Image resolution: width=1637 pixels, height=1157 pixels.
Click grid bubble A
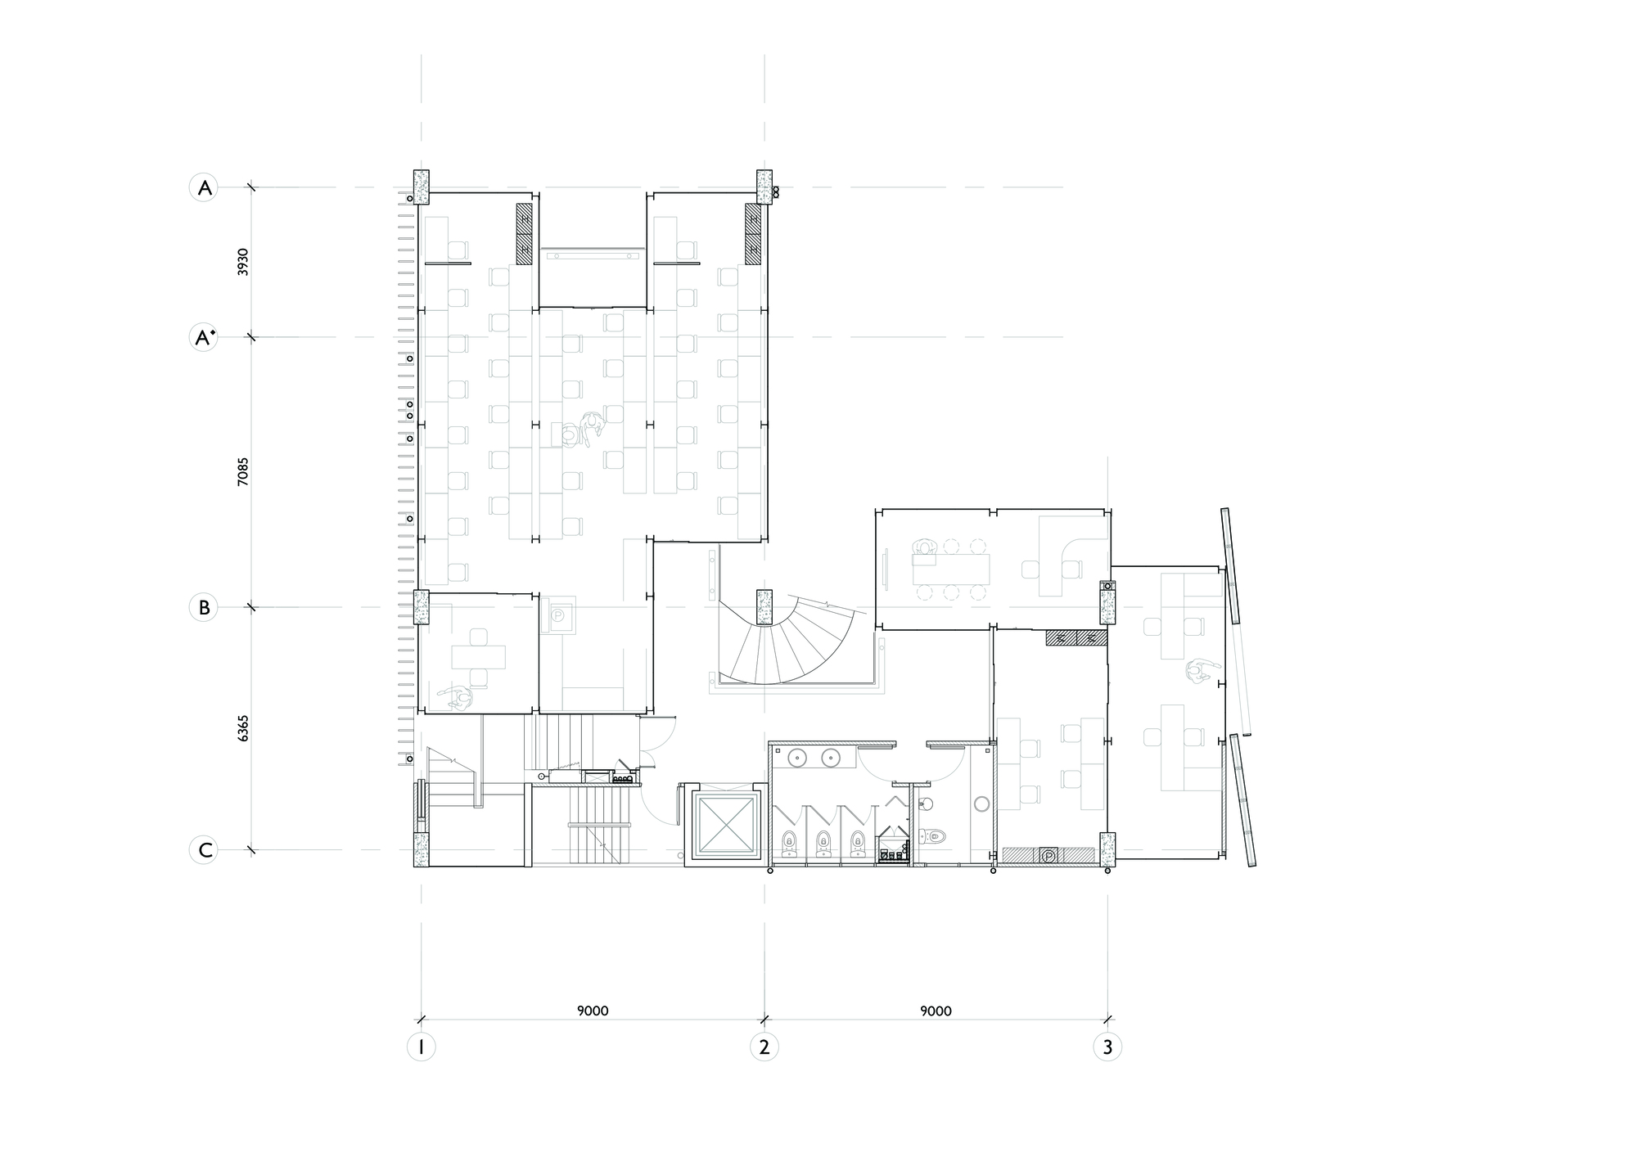coord(204,188)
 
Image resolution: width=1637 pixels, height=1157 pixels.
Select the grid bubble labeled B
coord(204,608)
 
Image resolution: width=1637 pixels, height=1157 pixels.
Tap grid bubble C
coord(204,850)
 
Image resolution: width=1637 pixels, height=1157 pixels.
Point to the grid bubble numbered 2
coord(764,1047)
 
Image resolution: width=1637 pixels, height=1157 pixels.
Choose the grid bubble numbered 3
coord(1107,1047)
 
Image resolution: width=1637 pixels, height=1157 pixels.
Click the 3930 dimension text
coord(243,262)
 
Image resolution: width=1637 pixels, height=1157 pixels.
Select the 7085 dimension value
coord(243,472)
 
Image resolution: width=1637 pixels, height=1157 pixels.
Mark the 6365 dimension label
coord(243,728)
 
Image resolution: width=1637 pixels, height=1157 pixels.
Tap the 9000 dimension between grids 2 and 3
coord(936,1011)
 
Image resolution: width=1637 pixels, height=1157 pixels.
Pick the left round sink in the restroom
coord(798,759)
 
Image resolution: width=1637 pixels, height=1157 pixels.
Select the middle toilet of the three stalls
coord(823,841)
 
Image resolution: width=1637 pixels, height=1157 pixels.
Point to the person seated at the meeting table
coord(925,550)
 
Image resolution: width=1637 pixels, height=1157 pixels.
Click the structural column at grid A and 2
coord(764,187)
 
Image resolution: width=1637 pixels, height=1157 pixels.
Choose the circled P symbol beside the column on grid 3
coord(1048,856)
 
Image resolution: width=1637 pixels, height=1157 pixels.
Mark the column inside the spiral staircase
coord(764,606)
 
